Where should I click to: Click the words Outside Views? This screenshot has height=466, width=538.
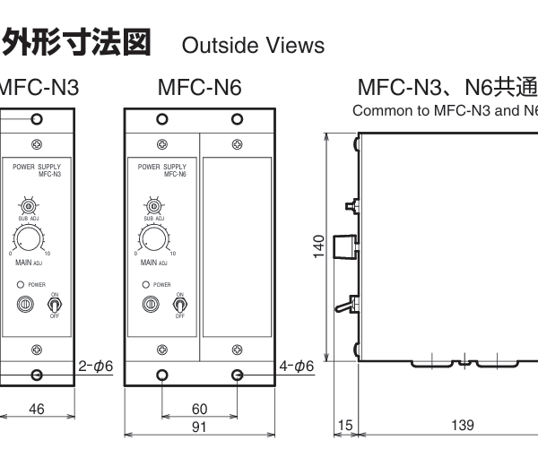click(254, 45)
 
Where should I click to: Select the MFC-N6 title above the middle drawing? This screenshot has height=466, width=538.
click(199, 89)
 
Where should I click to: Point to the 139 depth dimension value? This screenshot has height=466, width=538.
click(463, 425)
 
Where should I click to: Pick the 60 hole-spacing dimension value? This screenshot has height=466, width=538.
click(200, 410)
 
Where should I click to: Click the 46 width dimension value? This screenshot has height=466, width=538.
click(37, 410)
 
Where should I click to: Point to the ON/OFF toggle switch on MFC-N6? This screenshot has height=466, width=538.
click(178, 304)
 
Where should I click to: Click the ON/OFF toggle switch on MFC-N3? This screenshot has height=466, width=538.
click(51, 304)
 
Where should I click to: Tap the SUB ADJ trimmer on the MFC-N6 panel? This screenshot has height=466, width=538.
click(160, 205)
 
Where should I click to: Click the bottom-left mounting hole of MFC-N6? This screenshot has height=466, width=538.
click(162, 375)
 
